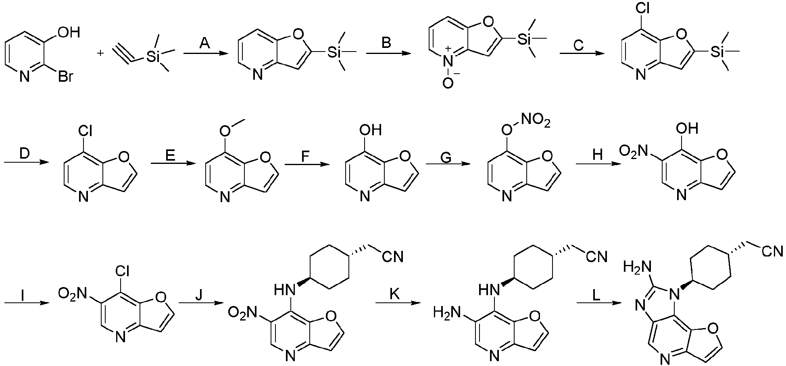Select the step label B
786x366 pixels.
coord(386,42)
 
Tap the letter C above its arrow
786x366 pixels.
coord(578,45)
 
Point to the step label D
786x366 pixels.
coord(24,153)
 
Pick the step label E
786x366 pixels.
coord(170,154)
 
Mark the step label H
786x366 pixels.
coord(598,155)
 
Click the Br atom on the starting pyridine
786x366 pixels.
coord(65,76)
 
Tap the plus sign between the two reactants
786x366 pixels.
coord(100,53)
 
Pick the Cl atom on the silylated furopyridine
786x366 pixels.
coord(642,8)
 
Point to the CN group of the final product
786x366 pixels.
coord(772,252)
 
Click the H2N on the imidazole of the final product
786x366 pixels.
coord(637,266)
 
